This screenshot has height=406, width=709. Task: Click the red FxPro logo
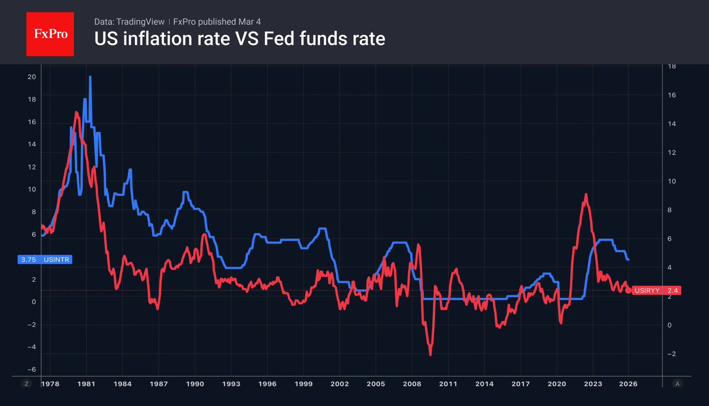point(50,34)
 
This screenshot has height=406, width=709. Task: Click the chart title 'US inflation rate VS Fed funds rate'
point(240,39)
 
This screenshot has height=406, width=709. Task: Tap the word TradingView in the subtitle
point(140,22)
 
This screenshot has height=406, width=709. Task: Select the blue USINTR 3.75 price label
point(45,260)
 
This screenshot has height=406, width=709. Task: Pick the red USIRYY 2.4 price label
point(656,291)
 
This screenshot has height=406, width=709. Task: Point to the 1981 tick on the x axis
point(86,384)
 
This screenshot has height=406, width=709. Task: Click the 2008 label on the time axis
point(412,384)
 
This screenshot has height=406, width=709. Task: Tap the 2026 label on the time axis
point(628,384)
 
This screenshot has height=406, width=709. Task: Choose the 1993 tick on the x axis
point(231,384)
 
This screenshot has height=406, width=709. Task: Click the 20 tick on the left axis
point(32,77)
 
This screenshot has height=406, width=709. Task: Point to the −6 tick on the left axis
point(32,369)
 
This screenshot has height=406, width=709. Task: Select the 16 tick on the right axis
point(672,95)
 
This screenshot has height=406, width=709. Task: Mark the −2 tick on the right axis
point(671,354)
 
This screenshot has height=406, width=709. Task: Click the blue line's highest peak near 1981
point(90,77)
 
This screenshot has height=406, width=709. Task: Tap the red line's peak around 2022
point(586,194)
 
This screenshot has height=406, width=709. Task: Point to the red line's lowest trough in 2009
point(430,355)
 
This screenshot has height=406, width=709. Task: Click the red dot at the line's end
point(628,291)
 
